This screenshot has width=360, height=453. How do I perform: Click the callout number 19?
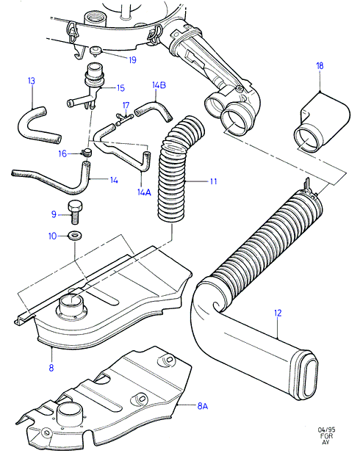pyautogui.click(x=132, y=60)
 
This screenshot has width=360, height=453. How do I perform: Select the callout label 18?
pyautogui.click(x=320, y=66)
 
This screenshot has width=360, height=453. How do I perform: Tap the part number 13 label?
pyautogui.click(x=32, y=81)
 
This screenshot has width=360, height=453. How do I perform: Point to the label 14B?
pyautogui.click(x=159, y=85)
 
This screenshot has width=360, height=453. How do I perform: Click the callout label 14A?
pyautogui.click(x=144, y=192)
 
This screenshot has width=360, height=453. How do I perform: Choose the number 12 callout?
pyautogui.click(x=278, y=314)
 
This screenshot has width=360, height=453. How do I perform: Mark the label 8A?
pyautogui.click(x=203, y=406)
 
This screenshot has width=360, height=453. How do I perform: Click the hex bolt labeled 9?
pyautogui.click(x=75, y=212)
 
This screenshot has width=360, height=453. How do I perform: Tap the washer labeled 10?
pyautogui.click(x=75, y=235)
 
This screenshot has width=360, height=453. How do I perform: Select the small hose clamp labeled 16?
pyautogui.click(x=86, y=152)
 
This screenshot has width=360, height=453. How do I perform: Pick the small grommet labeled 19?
pyautogui.click(x=96, y=51)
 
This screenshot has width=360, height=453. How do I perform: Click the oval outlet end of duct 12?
pyautogui.click(x=307, y=378)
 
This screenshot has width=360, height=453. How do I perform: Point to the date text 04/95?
pyautogui.click(x=327, y=430)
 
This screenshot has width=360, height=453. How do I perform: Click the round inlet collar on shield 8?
pyautogui.click(x=71, y=305)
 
